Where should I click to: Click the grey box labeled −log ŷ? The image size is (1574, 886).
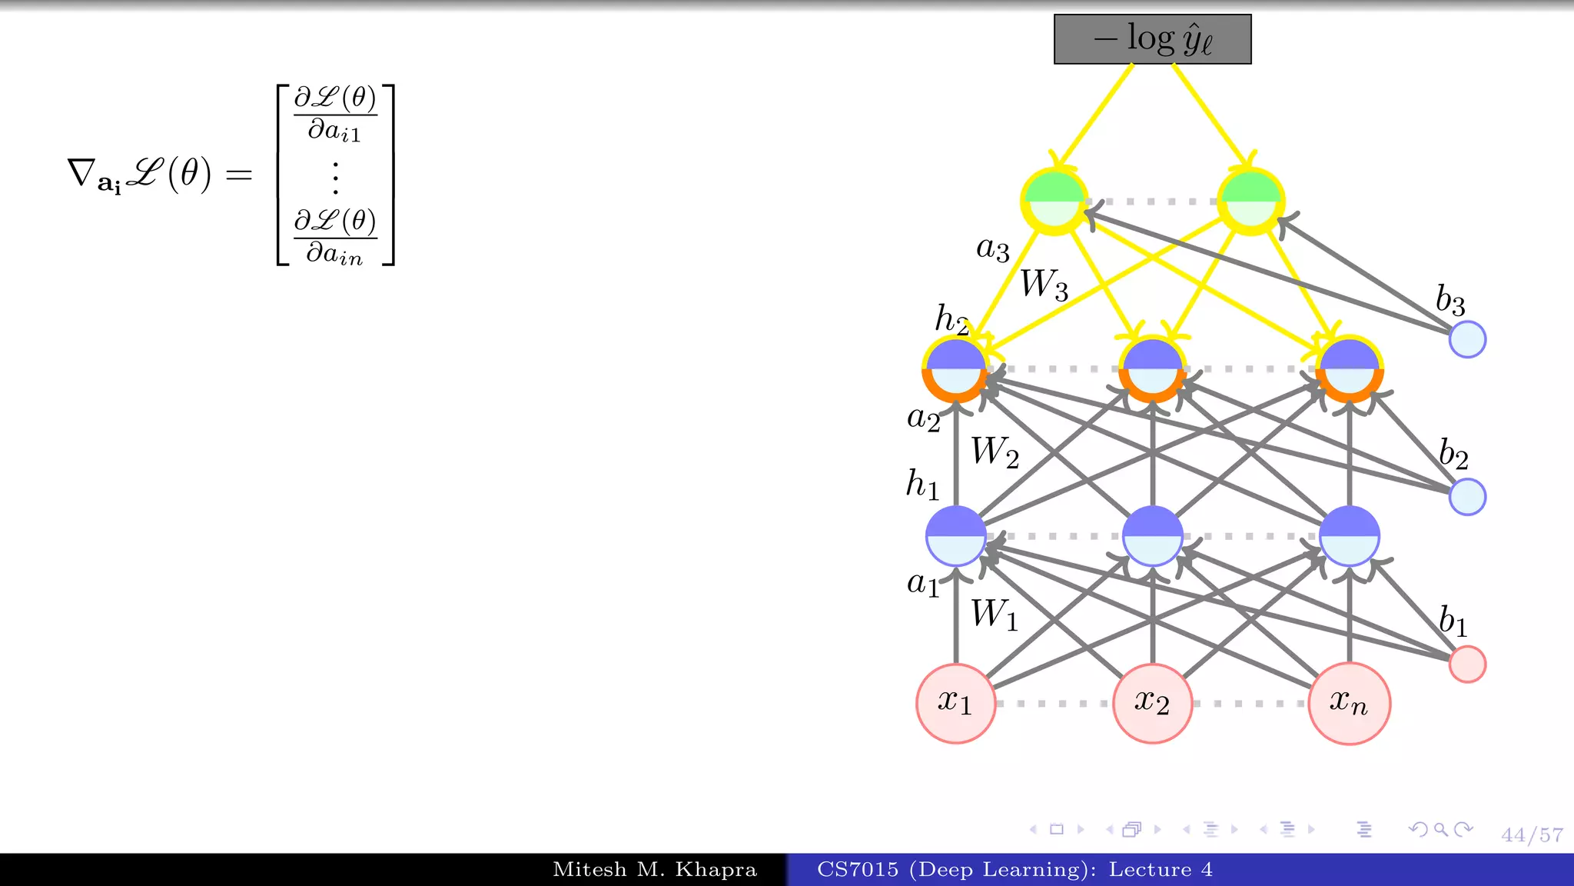point(1152,39)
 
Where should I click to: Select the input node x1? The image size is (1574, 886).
point(955,703)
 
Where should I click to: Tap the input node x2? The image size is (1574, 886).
point(1152,703)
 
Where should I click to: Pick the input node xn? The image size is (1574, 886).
point(1349,703)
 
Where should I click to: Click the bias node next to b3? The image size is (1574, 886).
point(1467,339)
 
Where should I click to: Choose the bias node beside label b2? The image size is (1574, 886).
point(1467,497)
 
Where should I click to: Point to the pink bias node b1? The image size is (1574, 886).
point(1467,664)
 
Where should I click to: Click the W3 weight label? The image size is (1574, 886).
point(1044,285)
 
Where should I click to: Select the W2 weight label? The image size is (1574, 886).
point(995,452)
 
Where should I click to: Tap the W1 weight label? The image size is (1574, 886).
point(995,615)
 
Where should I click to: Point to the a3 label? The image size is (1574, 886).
point(992,248)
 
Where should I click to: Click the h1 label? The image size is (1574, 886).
point(922,485)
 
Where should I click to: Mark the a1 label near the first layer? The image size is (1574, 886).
point(923,584)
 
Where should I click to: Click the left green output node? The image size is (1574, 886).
point(1054,201)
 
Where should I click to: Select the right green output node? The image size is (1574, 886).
point(1250,201)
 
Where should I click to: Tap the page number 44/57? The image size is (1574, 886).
point(1532,834)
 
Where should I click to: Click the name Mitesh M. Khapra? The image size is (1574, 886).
point(655,870)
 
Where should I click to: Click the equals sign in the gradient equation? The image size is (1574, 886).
point(239,175)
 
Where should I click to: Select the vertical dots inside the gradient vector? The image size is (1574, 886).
point(335,178)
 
